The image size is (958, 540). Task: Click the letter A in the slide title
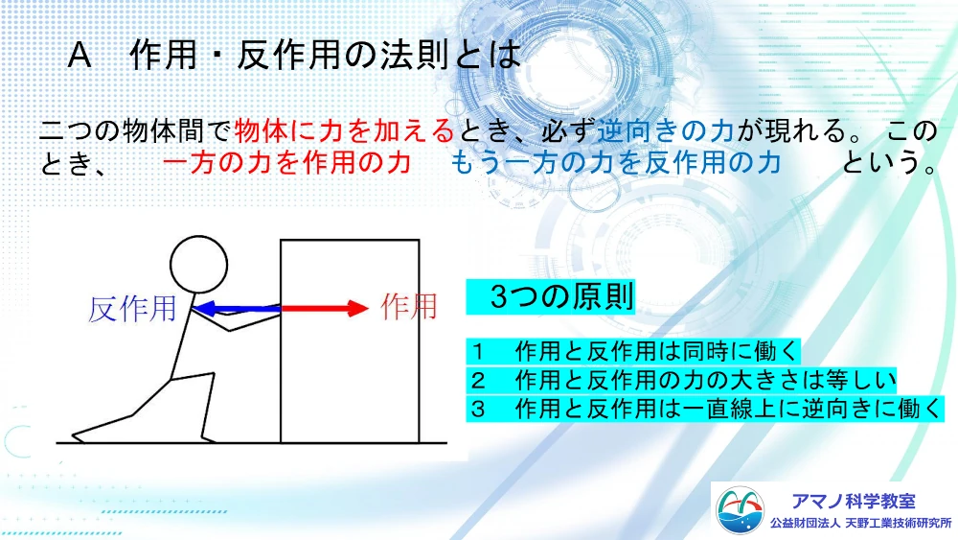click(80, 56)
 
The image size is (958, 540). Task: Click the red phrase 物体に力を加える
click(344, 130)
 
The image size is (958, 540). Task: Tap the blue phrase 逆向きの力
click(666, 130)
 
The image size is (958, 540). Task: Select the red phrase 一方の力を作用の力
click(286, 163)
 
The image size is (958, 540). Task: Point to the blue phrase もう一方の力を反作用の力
click(616, 163)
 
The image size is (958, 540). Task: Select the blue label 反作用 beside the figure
click(132, 309)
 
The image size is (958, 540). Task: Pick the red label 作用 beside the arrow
click(409, 306)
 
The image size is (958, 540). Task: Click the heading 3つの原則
click(561, 297)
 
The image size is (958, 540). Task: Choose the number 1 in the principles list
click(478, 352)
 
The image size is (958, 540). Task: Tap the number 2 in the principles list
click(478, 381)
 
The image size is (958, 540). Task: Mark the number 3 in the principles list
click(478, 410)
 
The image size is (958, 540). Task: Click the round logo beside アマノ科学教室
click(740, 510)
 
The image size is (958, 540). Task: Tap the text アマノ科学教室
click(854, 502)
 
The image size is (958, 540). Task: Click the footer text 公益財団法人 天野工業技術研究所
click(861, 524)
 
